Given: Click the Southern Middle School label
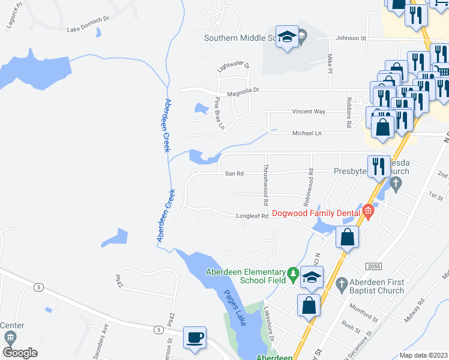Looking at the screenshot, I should coord(239,37).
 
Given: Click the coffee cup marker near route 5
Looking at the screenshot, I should coord(194,338).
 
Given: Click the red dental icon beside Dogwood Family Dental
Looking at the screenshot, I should coord(366,212).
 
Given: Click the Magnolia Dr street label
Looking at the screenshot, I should coord(243,90).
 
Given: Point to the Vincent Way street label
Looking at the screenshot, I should coord(309,112).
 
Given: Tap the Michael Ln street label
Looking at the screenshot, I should coord(306,133).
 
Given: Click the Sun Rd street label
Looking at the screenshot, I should coord(234,173).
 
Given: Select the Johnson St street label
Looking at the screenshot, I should coord(351,38).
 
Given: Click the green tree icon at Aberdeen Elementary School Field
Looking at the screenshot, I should coord(293,274).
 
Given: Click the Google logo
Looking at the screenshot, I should coord(20,353).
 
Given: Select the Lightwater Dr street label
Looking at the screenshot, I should coord(229,71).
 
